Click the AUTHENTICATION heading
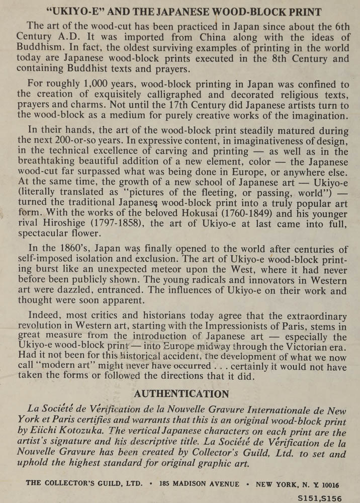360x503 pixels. tap(181, 394)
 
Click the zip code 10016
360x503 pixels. tap(327, 484)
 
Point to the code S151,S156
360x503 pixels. tap(320, 497)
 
